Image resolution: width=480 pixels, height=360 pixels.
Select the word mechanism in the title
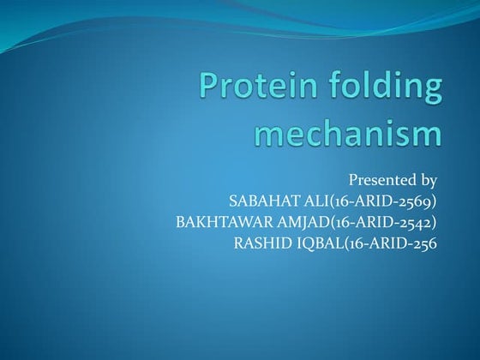(x=349, y=134)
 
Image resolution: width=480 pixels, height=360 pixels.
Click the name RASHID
(x=261, y=243)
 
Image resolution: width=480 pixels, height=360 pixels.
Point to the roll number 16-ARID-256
(x=393, y=243)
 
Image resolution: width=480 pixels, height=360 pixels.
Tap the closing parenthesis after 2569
(x=435, y=201)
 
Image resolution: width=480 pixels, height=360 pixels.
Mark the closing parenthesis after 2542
(x=435, y=223)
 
